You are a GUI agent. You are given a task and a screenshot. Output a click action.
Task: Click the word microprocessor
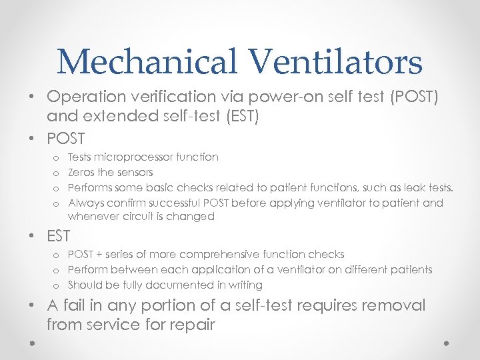[x=135, y=157]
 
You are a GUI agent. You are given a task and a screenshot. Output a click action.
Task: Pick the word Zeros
[x=83, y=172]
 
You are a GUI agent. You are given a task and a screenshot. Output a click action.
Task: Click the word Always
[x=87, y=203]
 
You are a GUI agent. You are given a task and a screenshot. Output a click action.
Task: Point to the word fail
[x=75, y=306]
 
